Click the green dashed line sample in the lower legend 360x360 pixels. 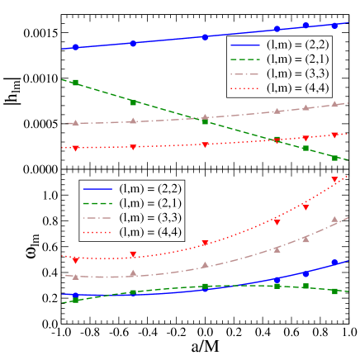click(99, 202)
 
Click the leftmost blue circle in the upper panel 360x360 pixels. click(76, 47)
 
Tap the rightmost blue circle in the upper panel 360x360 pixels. click(334, 25)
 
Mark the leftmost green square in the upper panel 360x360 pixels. click(76, 83)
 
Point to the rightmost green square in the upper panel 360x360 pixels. click(334, 157)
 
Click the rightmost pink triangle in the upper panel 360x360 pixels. click(334, 104)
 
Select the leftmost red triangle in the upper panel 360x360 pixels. click(76, 149)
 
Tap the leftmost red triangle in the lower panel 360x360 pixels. click(76, 258)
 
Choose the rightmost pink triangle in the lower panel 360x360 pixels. click(334, 220)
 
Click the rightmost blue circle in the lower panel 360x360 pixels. click(334, 263)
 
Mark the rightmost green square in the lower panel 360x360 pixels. click(334, 291)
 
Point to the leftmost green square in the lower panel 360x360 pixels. click(76, 300)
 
